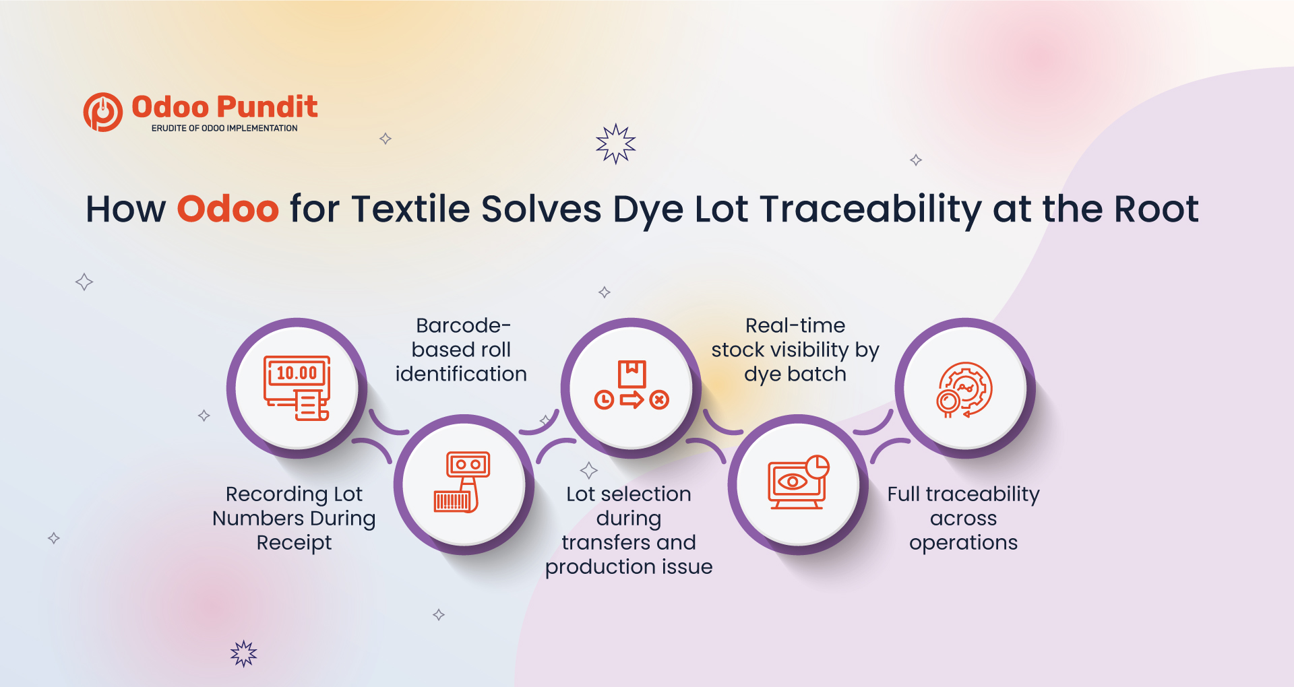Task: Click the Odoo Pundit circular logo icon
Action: (103, 112)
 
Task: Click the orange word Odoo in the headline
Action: (228, 209)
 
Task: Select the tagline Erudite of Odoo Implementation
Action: (224, 128)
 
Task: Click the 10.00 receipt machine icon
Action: (297, 388)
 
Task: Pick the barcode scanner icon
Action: (462, 482)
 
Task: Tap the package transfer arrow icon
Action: (631, 385)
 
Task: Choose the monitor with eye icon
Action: (798, 482)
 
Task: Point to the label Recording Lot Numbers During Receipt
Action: (294, 518)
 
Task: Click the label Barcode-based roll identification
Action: (462, 350)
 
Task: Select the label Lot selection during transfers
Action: (629, 530)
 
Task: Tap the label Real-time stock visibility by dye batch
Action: (795, 350)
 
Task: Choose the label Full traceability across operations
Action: (963, 518)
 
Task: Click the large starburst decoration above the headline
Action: (616, 143)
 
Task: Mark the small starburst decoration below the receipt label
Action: (244, 653)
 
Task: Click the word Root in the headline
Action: (1157, 209)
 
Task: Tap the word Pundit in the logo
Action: (267, 107)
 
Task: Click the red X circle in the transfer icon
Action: (660, 400)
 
